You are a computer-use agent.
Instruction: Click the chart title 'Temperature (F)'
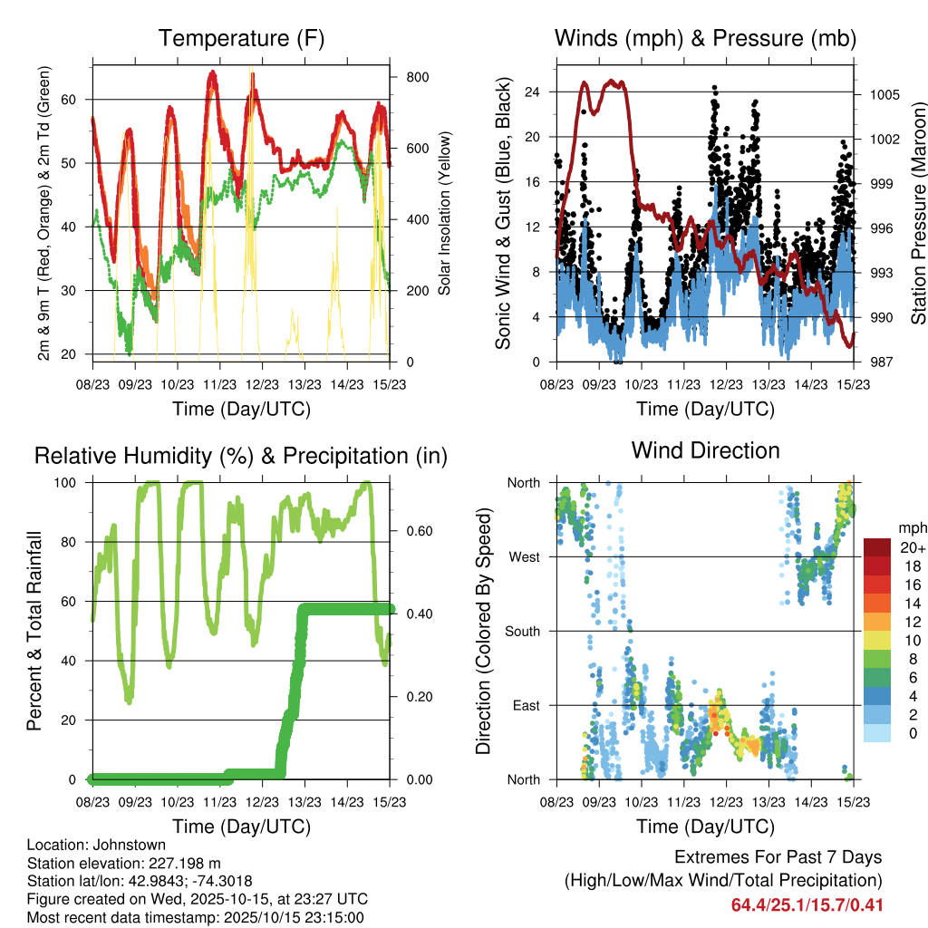tap(240, 39)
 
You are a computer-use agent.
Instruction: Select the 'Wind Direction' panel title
tap(705, 450)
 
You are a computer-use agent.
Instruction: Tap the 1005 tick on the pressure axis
tap(878, 94)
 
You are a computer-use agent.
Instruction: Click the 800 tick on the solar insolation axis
tap(417, 77)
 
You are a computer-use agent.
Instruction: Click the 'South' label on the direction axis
tap(522, 631)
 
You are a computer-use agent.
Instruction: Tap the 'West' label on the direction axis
tap(524, 556)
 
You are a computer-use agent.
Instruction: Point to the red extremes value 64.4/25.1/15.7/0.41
tap(807, 904)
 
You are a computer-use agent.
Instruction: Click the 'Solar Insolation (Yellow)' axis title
tap(445, 213)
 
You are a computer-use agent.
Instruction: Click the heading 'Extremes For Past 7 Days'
tap(778, 857)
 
